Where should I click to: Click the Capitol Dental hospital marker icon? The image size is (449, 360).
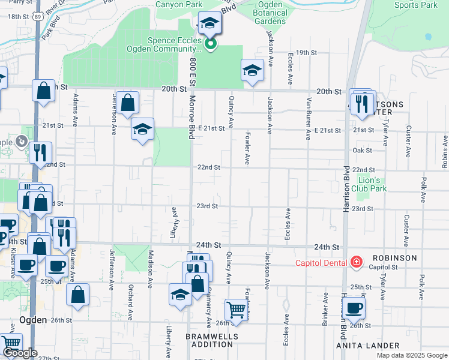pos(356,262)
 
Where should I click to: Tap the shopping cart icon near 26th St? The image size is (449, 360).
pos(236,310)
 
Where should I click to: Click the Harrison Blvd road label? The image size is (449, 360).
pos(346,190)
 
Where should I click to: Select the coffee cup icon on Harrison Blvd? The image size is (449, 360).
pos(354,308)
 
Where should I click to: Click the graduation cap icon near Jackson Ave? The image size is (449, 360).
pos(253,70)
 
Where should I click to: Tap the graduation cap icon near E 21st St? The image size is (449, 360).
pos(142,129)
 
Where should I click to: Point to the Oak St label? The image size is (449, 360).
pos(363,150)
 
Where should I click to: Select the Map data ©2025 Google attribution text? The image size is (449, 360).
pos(411,355)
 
